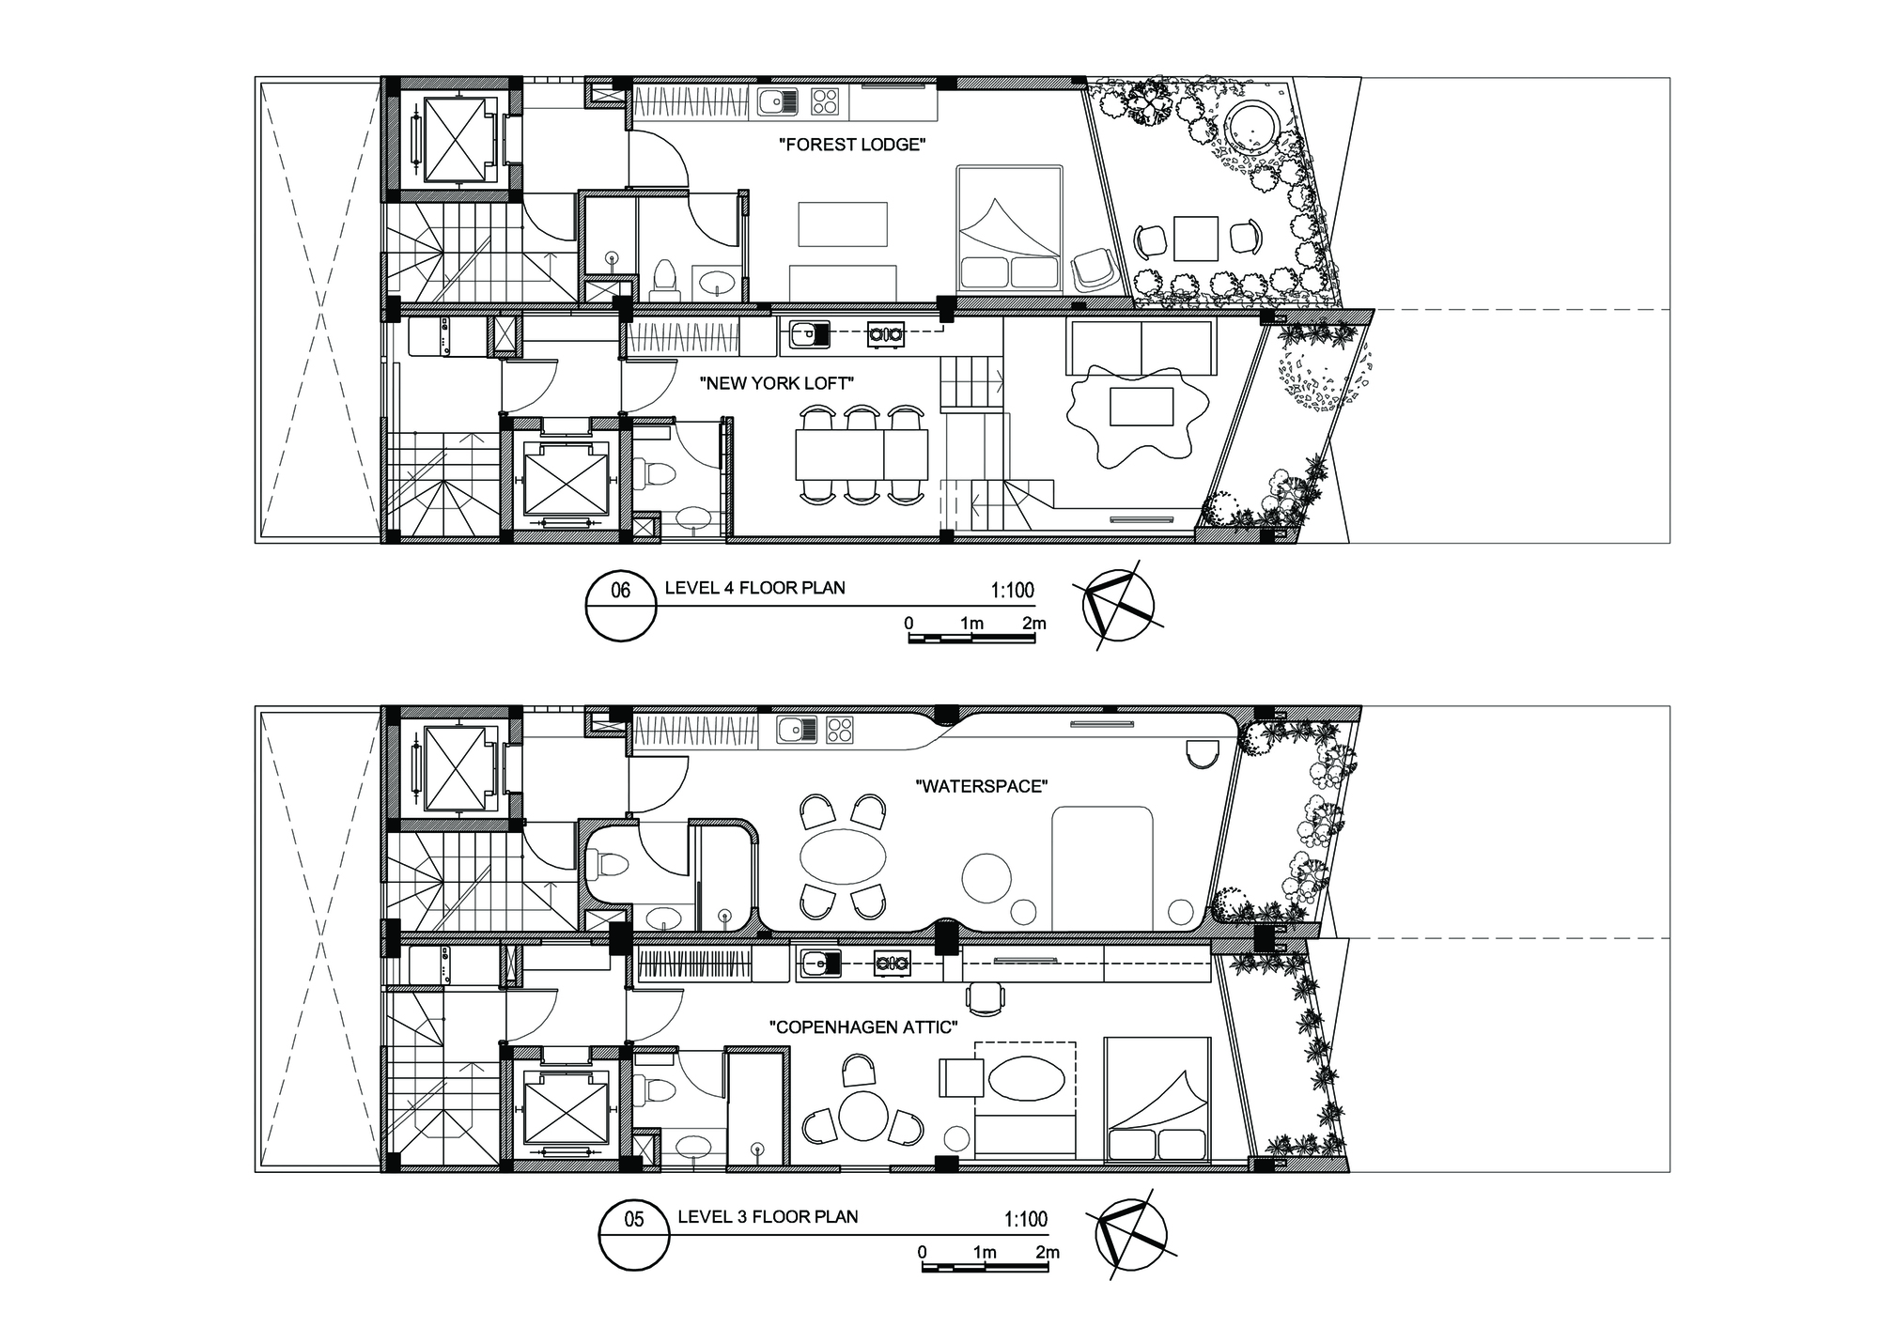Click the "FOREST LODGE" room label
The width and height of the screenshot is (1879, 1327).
click(x=853, y=146)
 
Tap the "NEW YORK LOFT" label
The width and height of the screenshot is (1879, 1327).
click(x=775, y=383)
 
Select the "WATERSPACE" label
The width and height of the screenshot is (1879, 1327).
click(x=981, y=786)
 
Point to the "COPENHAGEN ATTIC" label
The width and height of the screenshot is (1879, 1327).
click(x=863, y=1027)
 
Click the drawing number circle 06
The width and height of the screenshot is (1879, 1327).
click(x=621, y=607)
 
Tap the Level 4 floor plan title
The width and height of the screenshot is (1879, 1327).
click(x=754, y=589)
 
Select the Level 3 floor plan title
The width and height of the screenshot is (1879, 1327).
click(x=768, y=1217)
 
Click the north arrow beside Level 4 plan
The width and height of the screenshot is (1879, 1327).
click(x=1119, y=604)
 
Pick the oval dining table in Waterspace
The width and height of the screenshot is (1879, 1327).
click(x=842, y=856)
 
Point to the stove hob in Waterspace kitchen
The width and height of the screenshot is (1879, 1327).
click(x=840, y=731)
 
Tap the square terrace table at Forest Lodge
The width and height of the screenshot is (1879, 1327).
click(x=1195, y=238)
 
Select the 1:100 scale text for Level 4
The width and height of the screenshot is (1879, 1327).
click(x=1012, y=591)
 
